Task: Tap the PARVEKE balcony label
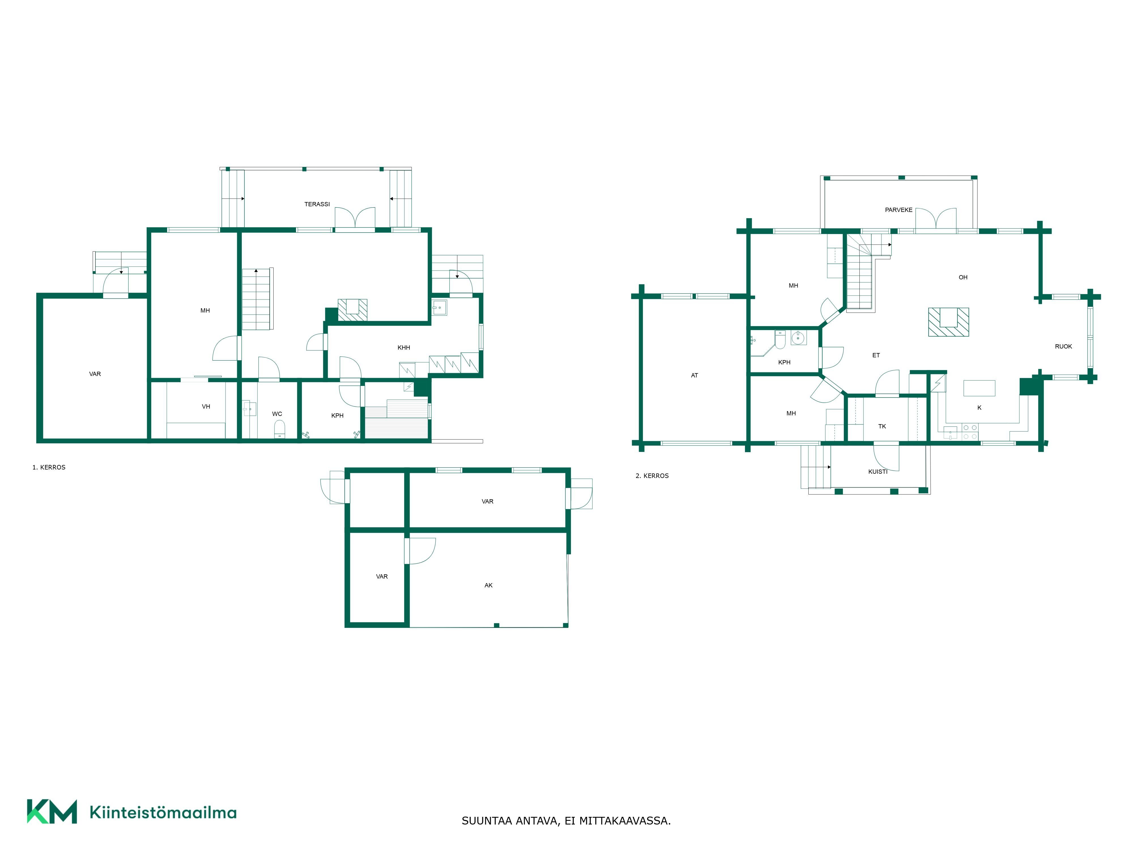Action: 898,210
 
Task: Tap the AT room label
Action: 695,375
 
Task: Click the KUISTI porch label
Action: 878,472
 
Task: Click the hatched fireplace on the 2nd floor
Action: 949,322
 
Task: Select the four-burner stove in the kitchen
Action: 970,432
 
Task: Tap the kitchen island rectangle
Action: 979,388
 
